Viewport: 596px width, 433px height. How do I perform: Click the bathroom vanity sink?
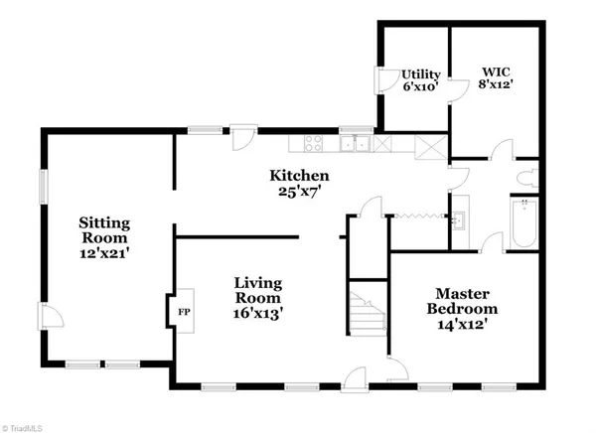(x=460, y=217)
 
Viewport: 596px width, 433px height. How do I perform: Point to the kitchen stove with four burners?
(x=312, y=145)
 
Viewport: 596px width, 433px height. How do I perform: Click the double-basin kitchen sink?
(x=353, y=146)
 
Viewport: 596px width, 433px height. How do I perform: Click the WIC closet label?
(x=497, y=72)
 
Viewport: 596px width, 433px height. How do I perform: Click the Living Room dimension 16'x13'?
(x=259, y=313)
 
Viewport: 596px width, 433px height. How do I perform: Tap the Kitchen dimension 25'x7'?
(x=298, y=192)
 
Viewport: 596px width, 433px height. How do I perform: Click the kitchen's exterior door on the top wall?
(x=241, y=136)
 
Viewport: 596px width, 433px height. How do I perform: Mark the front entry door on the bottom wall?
(x=356, y=377)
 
